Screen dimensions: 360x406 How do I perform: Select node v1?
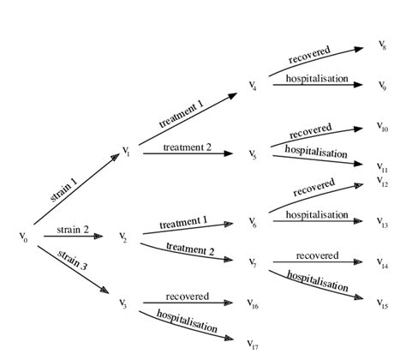pos(126,154)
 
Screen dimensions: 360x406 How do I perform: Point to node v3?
pos(123,303)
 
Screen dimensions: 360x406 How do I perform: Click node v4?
pos(253,87)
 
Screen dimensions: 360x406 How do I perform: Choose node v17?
pos(253,344)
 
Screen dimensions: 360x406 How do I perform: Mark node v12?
pos(382,182)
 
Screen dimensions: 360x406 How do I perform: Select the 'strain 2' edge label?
pos(73,229)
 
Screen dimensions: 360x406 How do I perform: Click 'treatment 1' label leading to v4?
pos(182,114)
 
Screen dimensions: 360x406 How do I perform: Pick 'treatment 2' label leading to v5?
pos(187,147)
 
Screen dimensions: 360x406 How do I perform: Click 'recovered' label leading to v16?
pos(187,296)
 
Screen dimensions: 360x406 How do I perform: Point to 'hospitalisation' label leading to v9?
pos(318,78)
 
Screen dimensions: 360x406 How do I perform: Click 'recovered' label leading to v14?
pos(317,255)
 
